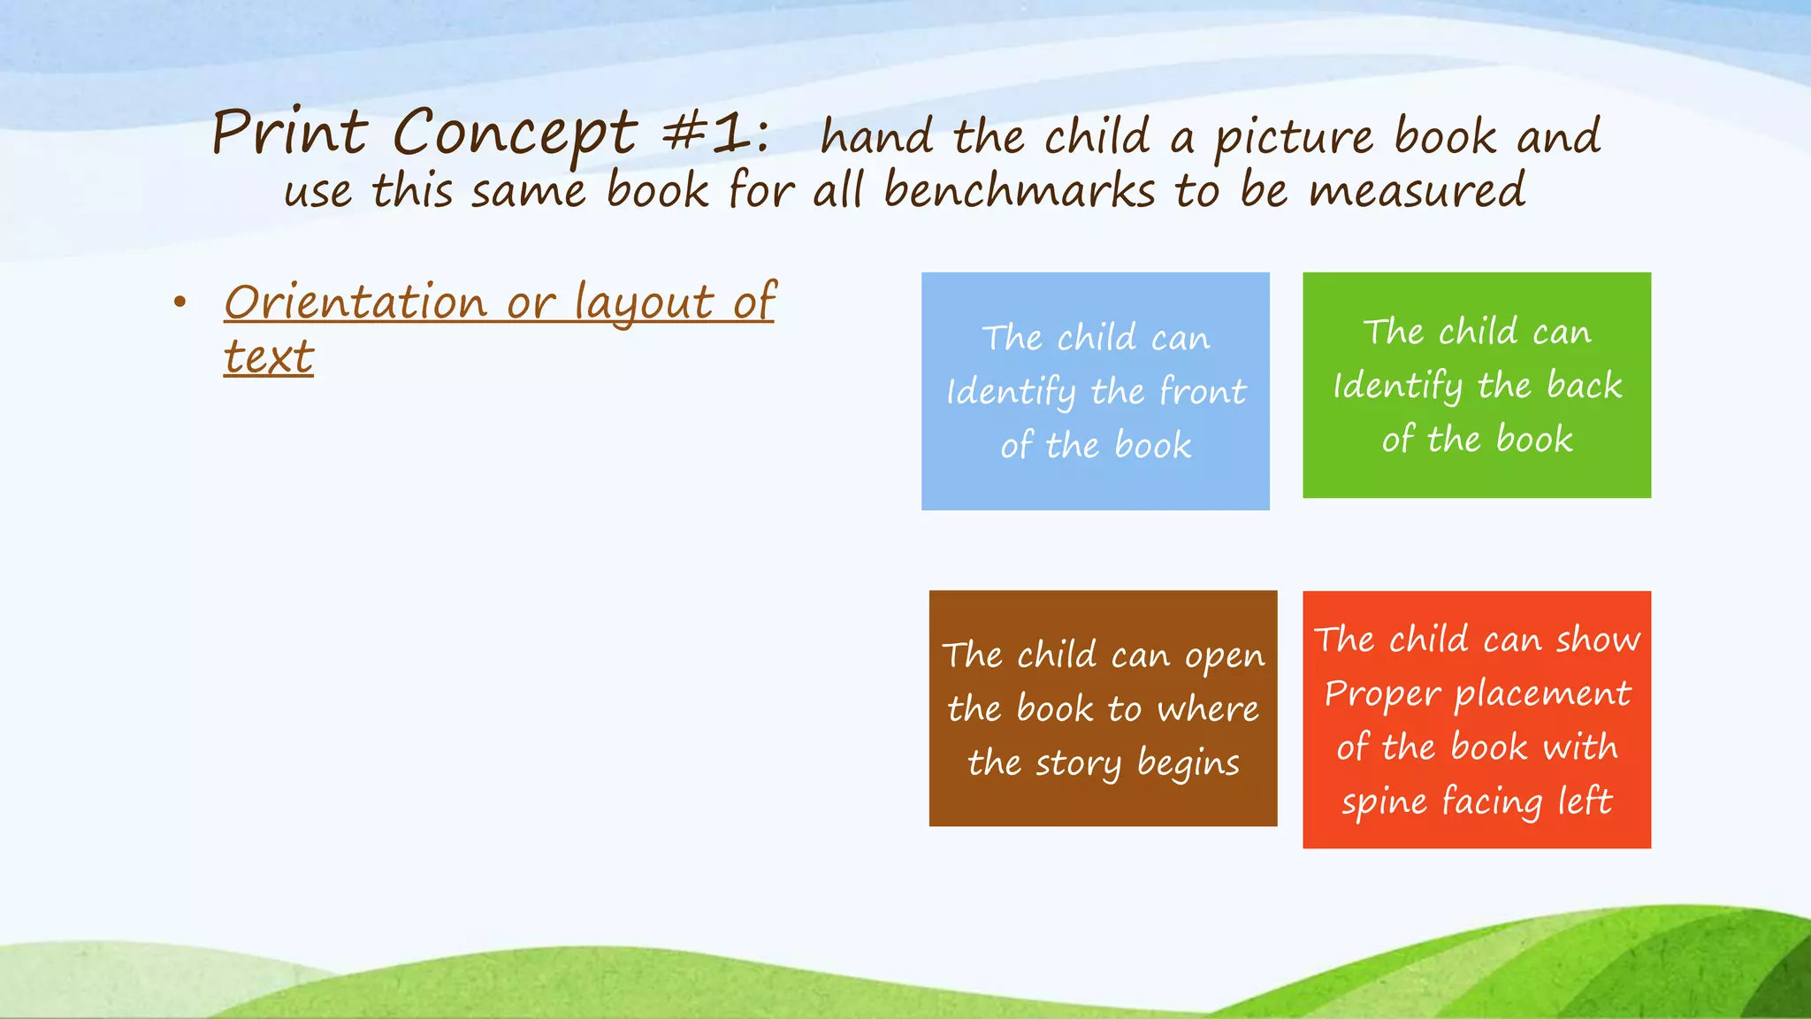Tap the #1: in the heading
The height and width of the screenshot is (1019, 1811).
[x=715, y=134]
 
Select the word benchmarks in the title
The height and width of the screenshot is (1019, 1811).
[x=1019, y=191]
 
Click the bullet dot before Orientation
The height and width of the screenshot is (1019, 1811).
[x=180, y=303]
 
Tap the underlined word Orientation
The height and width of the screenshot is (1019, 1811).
[x=355, y=303]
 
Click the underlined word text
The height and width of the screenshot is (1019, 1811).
[x=268, y=357]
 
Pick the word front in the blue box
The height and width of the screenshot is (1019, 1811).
[x=1202, y=391]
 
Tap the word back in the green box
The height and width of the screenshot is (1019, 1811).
[x=1584, y=386]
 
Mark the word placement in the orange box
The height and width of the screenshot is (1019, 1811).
[x=1542, y=694]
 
